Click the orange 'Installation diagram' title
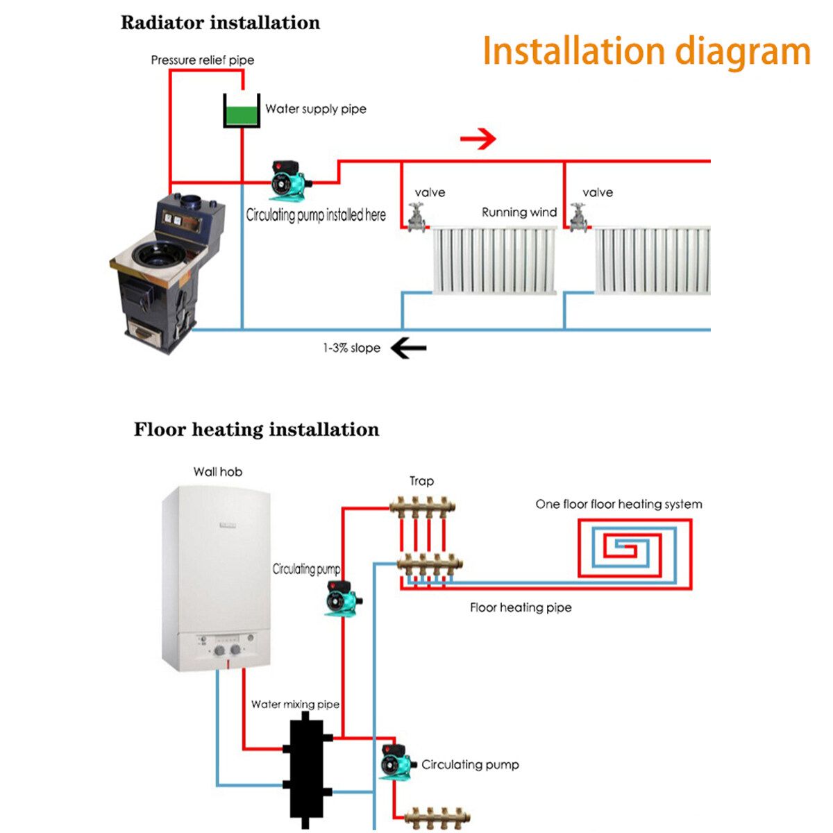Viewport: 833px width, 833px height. point(646,51)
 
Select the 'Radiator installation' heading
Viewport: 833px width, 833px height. point(220,23)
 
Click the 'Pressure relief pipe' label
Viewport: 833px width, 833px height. point(203,60)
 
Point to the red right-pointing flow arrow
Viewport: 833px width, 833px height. point(478,139)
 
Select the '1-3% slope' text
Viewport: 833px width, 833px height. point(351,348)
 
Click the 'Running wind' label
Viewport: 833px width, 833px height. point(519,212)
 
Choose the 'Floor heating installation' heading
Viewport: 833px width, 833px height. point(256,430)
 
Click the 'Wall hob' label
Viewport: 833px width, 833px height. point(218,472)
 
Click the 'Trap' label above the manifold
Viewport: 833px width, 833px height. point(421,481)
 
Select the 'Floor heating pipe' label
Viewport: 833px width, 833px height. point(521,607)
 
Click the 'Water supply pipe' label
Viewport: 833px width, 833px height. point(316,109)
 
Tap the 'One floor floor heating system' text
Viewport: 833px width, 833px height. point(619,504)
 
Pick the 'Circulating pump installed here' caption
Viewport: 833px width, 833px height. point(316,215)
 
